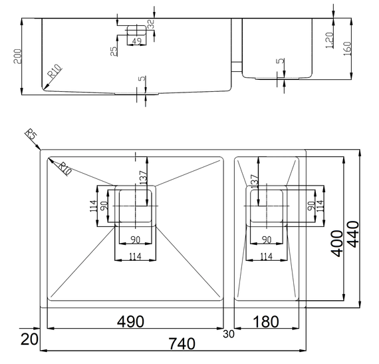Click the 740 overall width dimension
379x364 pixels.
[x=182, y=343]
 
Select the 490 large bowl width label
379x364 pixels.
[x=130, y=321]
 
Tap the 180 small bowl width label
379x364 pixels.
[x=266, y=321]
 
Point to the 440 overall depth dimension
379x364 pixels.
[x=353, y=234]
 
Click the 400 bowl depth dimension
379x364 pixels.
[x=337, y=244]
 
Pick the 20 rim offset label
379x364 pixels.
[x=29, y=339]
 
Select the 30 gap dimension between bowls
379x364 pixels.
[x=229, y=334]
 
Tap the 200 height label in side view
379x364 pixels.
[x=17, y=57]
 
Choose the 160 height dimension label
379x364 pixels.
[x=347, y=49]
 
